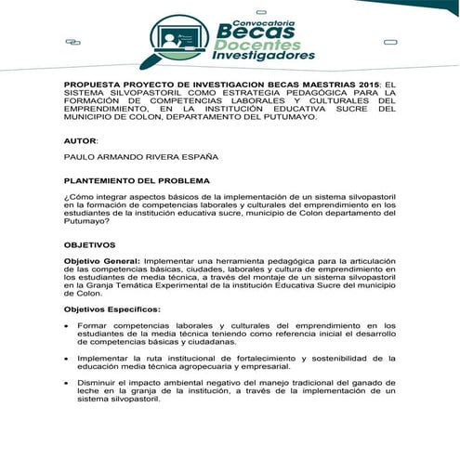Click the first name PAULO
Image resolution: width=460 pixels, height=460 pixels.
tap(80, 159)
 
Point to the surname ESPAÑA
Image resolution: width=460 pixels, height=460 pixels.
tap(221, 159)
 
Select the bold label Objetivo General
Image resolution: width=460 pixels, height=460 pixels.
tap(101, 261)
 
